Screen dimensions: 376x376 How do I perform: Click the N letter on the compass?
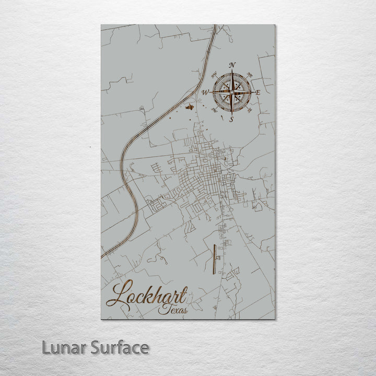point(232,65)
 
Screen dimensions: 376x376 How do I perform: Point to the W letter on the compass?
point(206,92)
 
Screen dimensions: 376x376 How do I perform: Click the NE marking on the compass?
point(250,74)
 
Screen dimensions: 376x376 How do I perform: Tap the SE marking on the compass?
point(250,110)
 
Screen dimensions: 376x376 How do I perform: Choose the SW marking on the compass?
point(215,110)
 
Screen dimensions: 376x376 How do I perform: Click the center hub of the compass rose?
point(232,92)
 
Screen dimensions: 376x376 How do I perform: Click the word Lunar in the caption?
point(62,347)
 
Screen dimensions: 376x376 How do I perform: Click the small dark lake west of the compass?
point(190,107)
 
